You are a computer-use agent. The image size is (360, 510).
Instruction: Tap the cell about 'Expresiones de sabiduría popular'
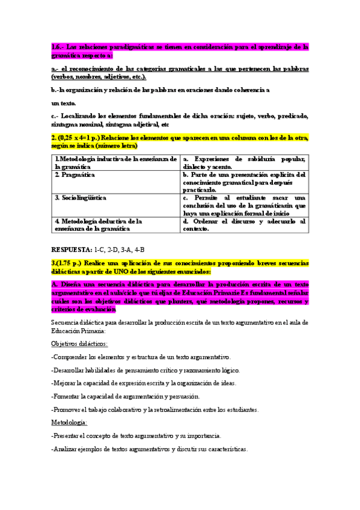tap(244, 162)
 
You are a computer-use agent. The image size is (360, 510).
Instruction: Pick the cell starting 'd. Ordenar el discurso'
tap(244, 225)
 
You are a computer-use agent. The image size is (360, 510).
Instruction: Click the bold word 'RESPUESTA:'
tap(72, 249)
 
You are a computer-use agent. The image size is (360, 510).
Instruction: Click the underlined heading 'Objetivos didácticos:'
tap(79, 343)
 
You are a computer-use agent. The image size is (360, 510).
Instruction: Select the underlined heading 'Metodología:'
tap(70, 423)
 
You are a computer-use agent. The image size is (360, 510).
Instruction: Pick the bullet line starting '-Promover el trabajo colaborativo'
tap(155, 410)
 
